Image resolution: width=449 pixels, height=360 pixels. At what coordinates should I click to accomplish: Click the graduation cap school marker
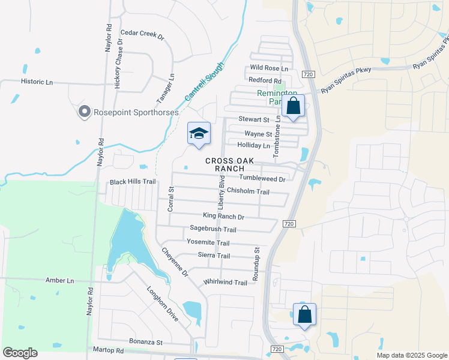point(199,134)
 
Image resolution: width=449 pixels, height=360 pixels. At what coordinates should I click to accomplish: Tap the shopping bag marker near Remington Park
point(294,106)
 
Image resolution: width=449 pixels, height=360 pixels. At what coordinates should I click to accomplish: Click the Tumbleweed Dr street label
point(262,178)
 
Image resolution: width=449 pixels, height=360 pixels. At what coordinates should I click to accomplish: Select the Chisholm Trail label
point(248,191)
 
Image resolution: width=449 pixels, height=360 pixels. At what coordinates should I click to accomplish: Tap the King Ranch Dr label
point(223,217)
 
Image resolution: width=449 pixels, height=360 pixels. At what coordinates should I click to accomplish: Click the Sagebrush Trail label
point(213,229)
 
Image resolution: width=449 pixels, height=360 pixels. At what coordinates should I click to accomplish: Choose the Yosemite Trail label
point(208,243)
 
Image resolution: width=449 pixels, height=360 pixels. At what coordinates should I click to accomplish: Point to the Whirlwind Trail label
point(225,283)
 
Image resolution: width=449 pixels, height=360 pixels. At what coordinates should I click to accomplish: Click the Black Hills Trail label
point(132,181)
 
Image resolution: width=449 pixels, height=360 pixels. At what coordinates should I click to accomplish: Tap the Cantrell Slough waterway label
point(203,81)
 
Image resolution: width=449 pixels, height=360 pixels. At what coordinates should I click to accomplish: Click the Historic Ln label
point(37,81)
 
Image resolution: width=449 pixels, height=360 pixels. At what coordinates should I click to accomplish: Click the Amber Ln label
point(59,280)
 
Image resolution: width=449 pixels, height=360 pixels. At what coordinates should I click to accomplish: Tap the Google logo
point(20,353)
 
